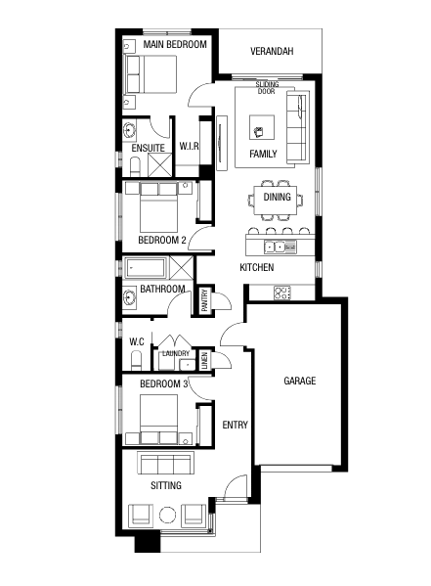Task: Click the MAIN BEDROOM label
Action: coord(175,45)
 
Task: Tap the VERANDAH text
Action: coord(272,51)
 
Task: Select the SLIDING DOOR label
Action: coord(267,88)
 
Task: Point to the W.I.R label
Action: coord(190,147)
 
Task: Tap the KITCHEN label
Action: coord(257,267)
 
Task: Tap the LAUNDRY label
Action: coord(176,353)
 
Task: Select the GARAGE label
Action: coord(299,381)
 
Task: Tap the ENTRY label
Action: coord(235,425)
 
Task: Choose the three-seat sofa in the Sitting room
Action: coord(166,464)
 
